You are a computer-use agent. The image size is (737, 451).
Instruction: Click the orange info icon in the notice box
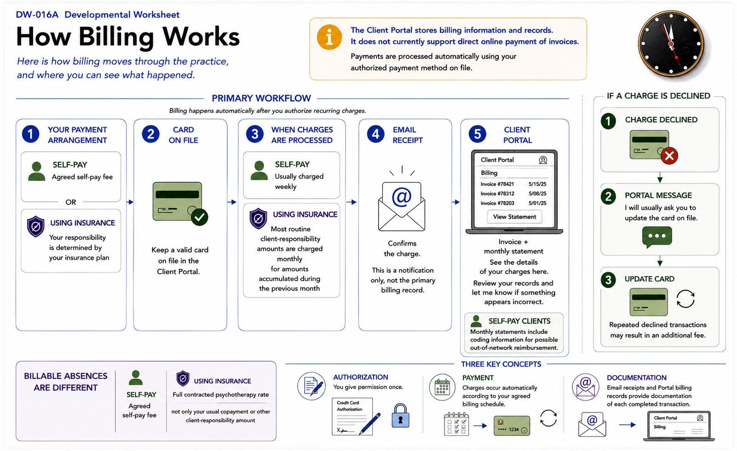(329, 37)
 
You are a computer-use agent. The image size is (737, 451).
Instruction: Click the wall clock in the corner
(671, 44)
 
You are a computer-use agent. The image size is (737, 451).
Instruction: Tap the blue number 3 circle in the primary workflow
(255, 134)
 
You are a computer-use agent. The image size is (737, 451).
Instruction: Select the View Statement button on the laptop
(514, 217)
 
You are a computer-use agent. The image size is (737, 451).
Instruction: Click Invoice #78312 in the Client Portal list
(497, 194)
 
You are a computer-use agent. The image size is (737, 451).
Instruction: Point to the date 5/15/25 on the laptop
(537, 184)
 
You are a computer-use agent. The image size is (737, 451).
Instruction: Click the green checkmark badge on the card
(199, 217)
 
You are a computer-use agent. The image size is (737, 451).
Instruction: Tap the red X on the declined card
(669, 156)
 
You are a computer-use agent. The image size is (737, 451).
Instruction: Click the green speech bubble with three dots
(656, 237)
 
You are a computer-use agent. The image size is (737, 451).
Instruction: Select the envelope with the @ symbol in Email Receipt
(402, 206)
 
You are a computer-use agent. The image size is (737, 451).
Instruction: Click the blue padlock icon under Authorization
(400, 416)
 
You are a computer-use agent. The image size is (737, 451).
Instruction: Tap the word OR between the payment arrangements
(70, 202)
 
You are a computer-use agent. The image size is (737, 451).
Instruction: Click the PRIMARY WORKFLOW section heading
(261, 98)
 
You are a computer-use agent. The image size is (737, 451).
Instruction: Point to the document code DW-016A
(37, 15)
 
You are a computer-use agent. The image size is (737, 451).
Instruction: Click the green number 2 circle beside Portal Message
(608, 197)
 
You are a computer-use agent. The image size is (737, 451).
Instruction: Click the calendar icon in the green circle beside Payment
(442, 387)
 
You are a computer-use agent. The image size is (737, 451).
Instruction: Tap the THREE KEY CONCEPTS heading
(501, 364)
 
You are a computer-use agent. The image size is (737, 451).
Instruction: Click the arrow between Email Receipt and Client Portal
(456, 202)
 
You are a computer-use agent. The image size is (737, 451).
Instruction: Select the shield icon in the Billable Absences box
(183, 378)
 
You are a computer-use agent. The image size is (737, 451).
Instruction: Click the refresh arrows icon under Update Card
(685, 299)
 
